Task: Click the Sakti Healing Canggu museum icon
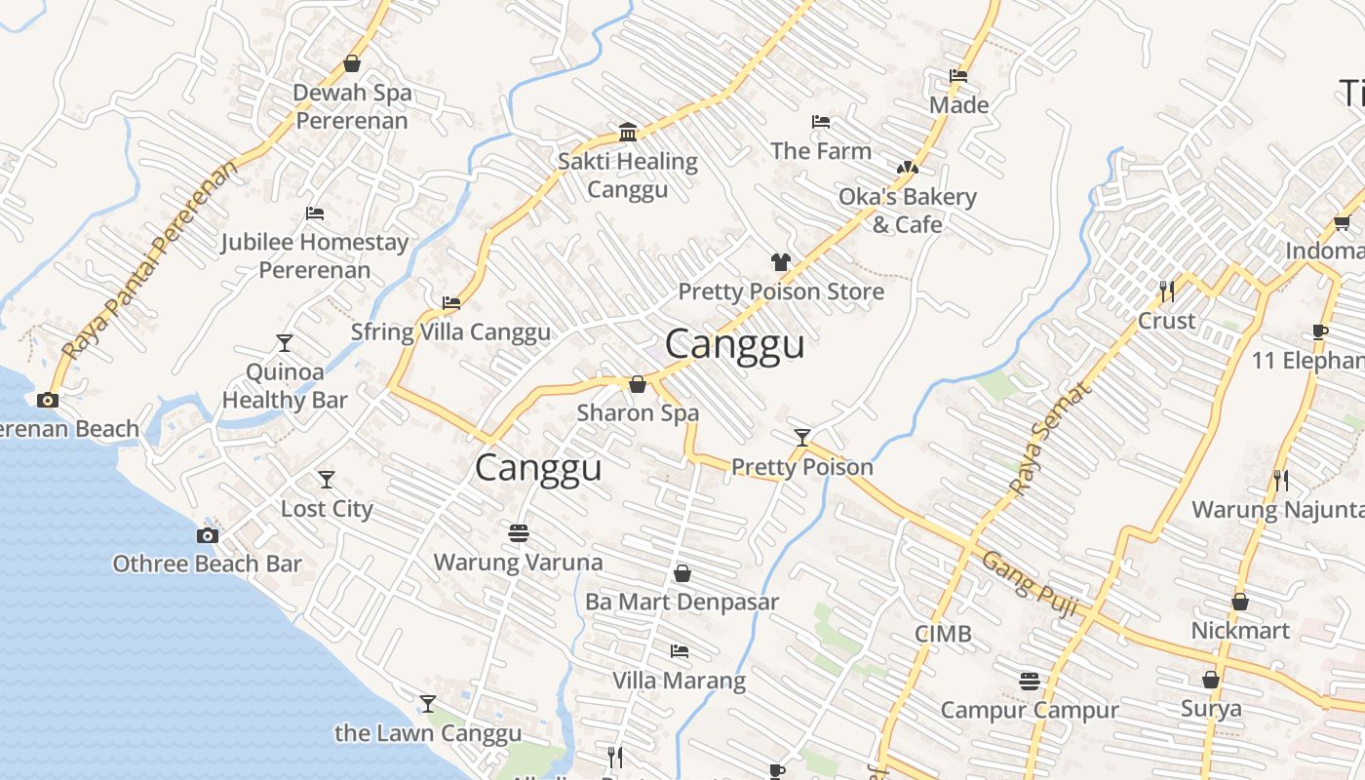coord(628,133)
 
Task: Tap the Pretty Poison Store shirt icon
coord(781,261)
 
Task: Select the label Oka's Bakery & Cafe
coord(907,211)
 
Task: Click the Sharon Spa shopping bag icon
coord(638,384)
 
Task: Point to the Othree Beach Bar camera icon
coord(208,535)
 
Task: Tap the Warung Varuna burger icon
coord(519,533)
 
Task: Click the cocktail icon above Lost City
coord(327,480)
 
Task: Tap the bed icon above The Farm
coord(821,122)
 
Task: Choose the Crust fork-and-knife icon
coord(1166,291)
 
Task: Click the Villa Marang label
coord(679,680)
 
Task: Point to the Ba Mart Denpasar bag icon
coord(682,573)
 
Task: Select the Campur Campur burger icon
coord(1030,681)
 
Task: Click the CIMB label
coord(943,634)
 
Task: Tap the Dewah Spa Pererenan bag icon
coord(352,64)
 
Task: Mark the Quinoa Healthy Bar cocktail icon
coord(284,343)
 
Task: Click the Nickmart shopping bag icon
coord(1240,602)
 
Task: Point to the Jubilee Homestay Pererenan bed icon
coord(314,213)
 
